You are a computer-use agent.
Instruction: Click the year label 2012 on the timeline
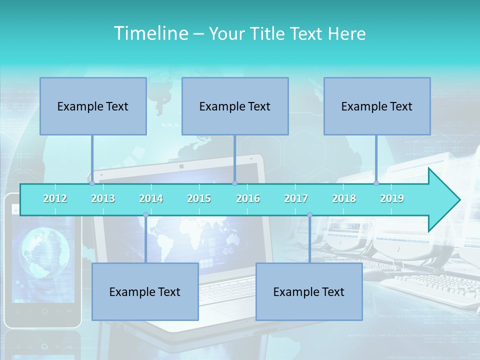(x=55, y=198)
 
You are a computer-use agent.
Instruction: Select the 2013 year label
(x=103, y=198)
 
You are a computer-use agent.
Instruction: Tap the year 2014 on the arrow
(x=151, y=198)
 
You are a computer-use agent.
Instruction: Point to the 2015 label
(x=199, y=198)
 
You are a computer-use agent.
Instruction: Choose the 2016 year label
(x=248, y=198)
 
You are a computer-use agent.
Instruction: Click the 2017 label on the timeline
(x=296, y=198)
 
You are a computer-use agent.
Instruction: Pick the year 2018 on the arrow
(x=344, y=198)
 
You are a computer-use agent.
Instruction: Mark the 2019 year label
(x=392, y=198)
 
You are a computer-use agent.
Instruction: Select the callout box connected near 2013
(x=93, y=106)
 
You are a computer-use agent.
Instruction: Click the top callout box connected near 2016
(x=235, y=106)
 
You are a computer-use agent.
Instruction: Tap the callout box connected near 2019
(x=377, y=106)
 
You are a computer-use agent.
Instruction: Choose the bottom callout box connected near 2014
(x=145, y=291)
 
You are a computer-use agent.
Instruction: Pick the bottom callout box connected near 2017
(x=309, y=291)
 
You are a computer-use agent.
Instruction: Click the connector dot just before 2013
(x=92, y=183)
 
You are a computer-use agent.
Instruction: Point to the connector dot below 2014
(x=145, y=215)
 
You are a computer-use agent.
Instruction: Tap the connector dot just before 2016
(x=234, y=183)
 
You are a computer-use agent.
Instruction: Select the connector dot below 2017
(x=309, y=215)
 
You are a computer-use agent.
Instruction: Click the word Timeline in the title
(x=150, y=33)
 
